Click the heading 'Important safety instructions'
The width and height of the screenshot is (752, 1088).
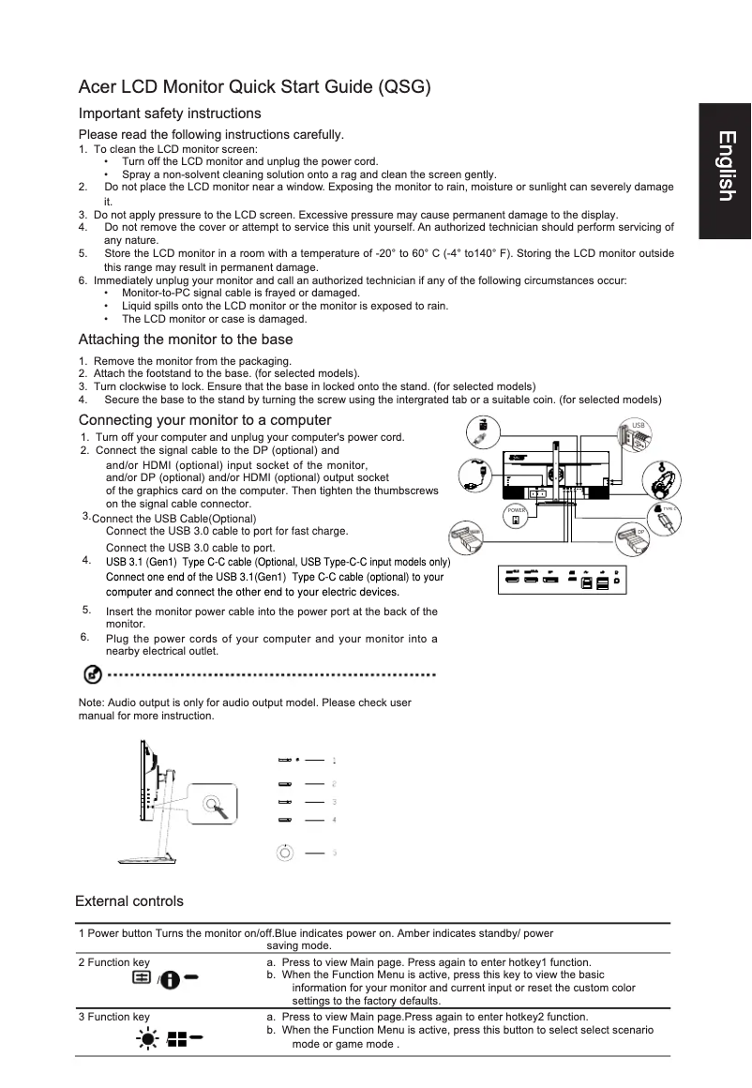tap(170, 113)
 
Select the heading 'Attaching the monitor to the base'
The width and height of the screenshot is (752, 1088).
tap(186, 340)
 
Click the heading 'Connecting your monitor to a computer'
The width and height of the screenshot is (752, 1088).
tap(205, 419)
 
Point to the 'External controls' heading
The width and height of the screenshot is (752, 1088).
tap(129, 901)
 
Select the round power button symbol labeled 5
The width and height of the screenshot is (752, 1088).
tap(286, 852)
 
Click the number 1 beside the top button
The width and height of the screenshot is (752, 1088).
tap(334, 761)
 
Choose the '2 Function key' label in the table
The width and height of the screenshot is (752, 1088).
tap(113, 962)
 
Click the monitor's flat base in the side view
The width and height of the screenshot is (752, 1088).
tap(144, 859)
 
